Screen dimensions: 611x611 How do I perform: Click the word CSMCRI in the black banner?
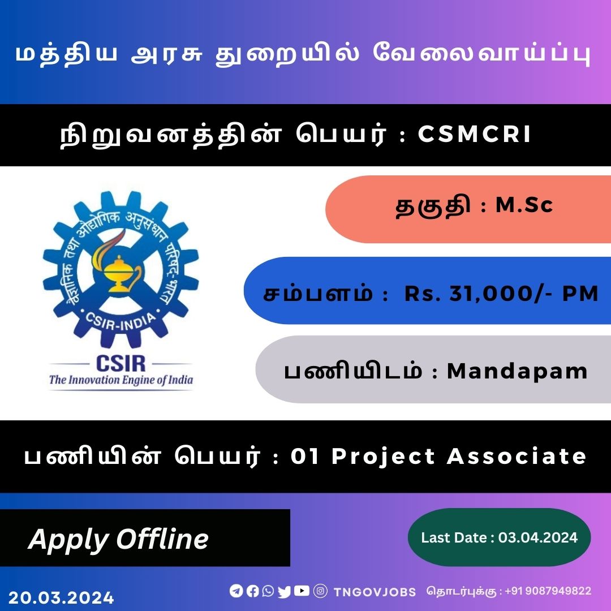pyautogui.click(x=474, y=134)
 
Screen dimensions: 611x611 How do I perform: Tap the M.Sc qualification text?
pyautogui.click(x=524, y=205)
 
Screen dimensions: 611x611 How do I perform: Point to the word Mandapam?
pyautogui.click(x=517, y=371)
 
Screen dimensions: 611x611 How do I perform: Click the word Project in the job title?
pyautogui.click(x=383, y=457)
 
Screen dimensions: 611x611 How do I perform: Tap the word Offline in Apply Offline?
pyautogui.click(x=162, y=539)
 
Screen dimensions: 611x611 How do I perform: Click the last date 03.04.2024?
pyautogui.click(x=538, y=538)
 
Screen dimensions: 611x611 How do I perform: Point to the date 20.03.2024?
pyautogui.click(x=61, y=598)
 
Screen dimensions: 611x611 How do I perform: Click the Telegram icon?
pyautogui.click(x=236, y=591)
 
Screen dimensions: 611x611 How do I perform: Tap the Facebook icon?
pyautogui.click(x=252, y=591)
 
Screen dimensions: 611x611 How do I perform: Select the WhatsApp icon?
pyautogui.click(x=268, y=591)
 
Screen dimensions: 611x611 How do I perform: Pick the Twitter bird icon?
pyautogui.click(x=285, y=592)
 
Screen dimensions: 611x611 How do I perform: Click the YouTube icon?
pyautogui.click(x=302, y=591)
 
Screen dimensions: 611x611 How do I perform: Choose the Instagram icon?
pyautogui.click(x=320, y=591)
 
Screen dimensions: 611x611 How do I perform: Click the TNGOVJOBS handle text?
pyautogui.click(x=375, y=592)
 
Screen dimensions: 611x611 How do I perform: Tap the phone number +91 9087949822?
pyautogui.click(x=548, y=591)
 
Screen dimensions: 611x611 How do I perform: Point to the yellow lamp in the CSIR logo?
pyautogui.click(x=117, y=269)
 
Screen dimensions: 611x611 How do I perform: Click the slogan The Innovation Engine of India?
pyautogui.click(x=121, y=380)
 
